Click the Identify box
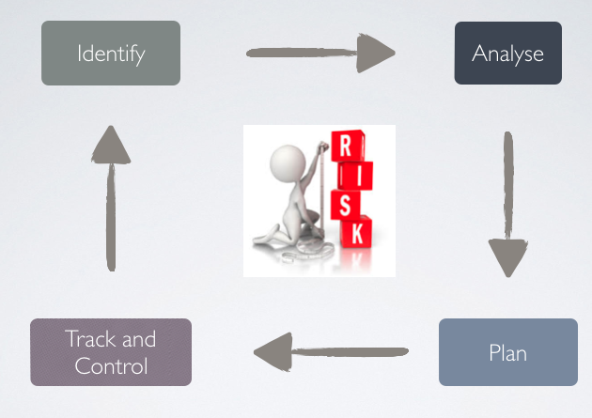pyautogui.click(x=111, y=54)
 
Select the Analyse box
pyautogui.click(x=507, y=54)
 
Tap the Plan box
pyautogui.click(x=507, y=352)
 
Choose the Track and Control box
pyautogui.click(x=111, y=352)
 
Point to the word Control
pyautogui.click(x=111, y=365)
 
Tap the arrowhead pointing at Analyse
pyautogui.click(x=376, y=53)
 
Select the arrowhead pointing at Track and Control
pyautogui.click(x=273, y=352)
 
